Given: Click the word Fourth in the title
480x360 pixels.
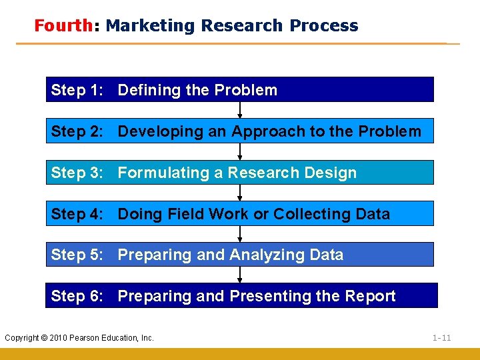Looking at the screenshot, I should point(63,26).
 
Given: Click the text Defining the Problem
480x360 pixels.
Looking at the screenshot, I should point(197,90).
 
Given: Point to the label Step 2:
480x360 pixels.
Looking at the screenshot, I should point(77,131).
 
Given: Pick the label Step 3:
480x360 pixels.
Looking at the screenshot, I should point(77,173).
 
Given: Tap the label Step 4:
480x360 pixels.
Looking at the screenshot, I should point(77,214).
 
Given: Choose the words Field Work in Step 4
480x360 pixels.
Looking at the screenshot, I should point(207,214).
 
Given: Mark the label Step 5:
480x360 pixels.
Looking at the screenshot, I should point(77,255).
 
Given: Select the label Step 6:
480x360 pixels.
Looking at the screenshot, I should point(77,296).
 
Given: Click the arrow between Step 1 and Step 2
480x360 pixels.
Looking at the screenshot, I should point(240,111).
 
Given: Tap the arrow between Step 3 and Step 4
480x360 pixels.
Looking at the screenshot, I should point(240,193).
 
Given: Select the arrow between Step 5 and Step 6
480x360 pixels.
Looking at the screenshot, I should point(240,275).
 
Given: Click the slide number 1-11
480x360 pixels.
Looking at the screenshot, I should point(441,338).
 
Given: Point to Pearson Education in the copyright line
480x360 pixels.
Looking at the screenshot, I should point(110,338).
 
